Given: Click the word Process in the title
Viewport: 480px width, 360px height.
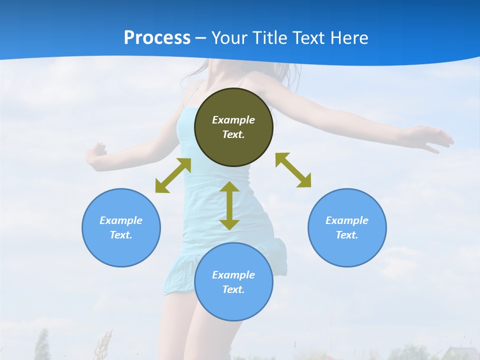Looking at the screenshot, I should [x=157, y=38].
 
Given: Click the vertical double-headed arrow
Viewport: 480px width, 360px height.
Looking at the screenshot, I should [x=229, y=205].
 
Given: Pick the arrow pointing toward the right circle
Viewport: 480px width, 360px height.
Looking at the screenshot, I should [x=293, y=170].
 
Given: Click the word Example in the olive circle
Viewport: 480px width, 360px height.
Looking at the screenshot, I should [x=233, y=120].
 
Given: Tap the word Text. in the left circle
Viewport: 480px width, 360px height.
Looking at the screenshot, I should [x=121, y=235].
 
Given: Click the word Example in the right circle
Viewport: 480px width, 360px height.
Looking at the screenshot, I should [x=347, y=220].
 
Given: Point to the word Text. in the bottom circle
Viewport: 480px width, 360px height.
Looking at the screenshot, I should [x=233, y=289].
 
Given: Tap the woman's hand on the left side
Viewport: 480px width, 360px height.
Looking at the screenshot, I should [x=96, y=152].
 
